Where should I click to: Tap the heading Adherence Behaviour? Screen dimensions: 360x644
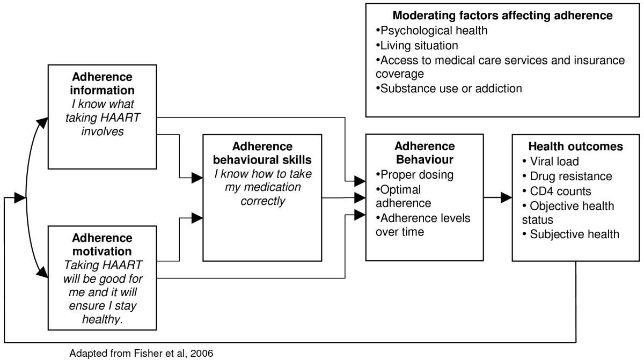point(425,152)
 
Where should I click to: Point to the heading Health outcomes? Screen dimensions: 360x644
point(575,146)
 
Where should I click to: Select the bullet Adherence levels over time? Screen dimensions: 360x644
point(423,225)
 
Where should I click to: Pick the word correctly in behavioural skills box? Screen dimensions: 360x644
point(263,201)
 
